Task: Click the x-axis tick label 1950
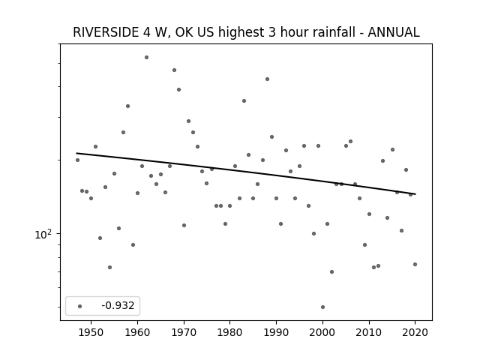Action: tap(91, 332)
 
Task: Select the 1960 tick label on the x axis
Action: tap(137, 332)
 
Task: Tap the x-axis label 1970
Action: tap(184, 332)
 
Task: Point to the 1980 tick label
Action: tap(230, 332)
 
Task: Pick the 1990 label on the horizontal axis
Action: tap(276, 332)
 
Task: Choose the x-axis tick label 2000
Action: tap(322, 332)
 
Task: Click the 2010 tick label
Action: tap(369, 332)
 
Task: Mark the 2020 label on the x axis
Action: tap(415, 332)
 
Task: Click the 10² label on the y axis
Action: tap(43, 234)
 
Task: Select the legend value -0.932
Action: tap(118, 305)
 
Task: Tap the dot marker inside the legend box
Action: tap(80, 306)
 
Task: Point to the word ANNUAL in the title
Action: tap(394, 32)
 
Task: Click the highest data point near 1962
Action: tap(147, 57)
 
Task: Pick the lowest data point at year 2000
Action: tap(322, 307)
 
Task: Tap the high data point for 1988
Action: tap(267, 79)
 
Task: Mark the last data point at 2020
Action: tap(415, 264)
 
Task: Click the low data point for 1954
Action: tap(109, 267)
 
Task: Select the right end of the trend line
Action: tap(415, 194)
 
